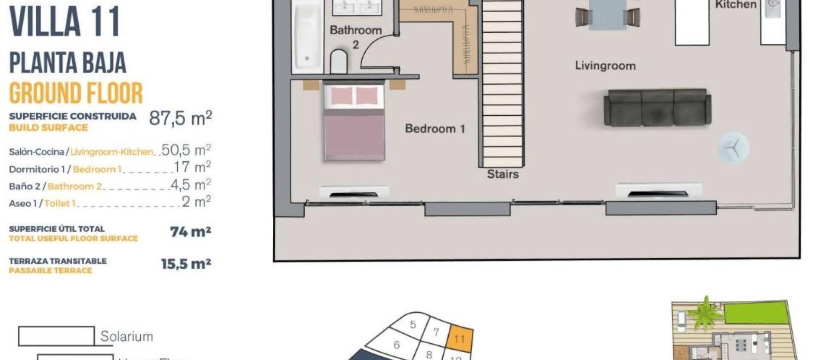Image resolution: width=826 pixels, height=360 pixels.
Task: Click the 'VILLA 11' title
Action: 65,22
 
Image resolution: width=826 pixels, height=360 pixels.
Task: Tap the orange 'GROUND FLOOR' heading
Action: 76,93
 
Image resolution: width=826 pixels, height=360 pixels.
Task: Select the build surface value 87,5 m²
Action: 180,118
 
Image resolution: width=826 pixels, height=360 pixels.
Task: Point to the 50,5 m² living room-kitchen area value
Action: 186,150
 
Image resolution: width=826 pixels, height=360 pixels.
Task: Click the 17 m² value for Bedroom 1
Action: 192,167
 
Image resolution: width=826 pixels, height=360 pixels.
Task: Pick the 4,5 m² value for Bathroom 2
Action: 190,185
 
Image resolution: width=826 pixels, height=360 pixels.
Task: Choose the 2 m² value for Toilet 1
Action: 196,201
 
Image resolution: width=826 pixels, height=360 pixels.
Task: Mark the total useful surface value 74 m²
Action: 190,232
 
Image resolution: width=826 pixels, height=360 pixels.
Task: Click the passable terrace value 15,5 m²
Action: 186,264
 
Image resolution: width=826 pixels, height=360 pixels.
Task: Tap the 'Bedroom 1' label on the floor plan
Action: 435,129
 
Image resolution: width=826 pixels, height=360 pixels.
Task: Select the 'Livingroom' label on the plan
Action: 605,66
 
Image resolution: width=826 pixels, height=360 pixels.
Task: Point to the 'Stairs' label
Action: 502,174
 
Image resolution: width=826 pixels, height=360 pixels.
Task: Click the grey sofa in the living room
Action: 657,108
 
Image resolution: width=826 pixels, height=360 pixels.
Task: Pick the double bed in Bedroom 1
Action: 354,122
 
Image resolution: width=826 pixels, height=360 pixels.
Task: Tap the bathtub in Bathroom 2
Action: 307,37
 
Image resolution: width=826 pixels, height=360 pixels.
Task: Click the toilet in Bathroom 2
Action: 339,62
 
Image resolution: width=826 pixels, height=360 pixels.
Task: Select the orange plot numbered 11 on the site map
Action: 460,338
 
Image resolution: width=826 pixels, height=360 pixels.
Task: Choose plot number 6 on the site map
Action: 397,345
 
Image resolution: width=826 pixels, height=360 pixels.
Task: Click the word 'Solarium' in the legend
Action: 126,336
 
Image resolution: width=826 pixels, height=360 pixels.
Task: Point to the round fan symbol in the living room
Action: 734,147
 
